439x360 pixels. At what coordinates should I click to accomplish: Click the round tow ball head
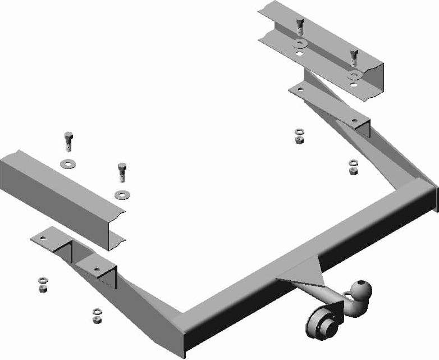(359, 288)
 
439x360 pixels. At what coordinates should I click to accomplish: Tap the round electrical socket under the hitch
(319, 325)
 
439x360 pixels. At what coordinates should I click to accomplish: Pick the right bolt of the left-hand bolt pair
(121, 171)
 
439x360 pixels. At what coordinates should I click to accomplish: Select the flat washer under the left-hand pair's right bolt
(121, 195)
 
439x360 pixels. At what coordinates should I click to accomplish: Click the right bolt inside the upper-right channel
(353, 57)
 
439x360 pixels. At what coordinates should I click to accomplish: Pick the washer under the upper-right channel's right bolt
(353, 75)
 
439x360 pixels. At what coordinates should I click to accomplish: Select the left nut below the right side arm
(299, 135)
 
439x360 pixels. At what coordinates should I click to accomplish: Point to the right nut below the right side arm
(353, 167)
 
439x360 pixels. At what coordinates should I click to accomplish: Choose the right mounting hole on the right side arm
(354, 120)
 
